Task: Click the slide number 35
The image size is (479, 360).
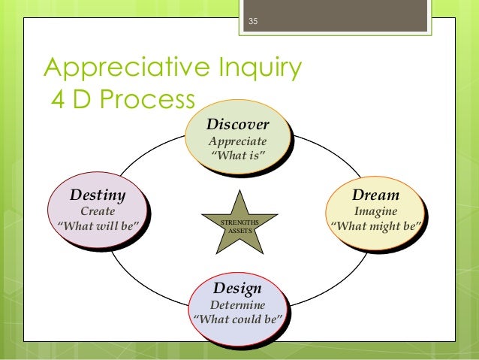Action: [252, 20]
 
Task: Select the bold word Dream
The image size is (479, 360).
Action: [376, 195]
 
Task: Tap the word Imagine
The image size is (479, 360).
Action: [376, 211]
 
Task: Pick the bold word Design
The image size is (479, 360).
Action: [237, 289]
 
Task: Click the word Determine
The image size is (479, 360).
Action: [237, 305]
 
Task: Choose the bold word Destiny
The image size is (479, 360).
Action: [97, 195]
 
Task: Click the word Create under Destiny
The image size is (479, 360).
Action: [97, 211]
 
